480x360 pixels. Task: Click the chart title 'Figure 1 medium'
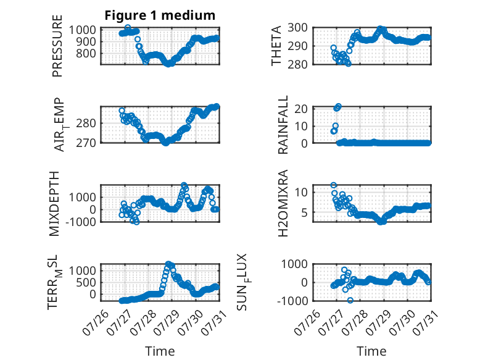pyautogui.click(x=160, y=15)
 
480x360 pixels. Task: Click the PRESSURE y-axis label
pyautogui.click(x=57, y=46)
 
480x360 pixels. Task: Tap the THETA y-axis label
pyautogui.click(x=276, y=46)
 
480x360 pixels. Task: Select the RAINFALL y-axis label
pyautogui.click(x=283, y=124)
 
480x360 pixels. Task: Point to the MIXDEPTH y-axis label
pyautogui.click(x=54, y=204)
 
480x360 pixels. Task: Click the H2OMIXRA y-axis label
pyautogui.click(x=283, y=203)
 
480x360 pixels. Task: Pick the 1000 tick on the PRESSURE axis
pyautogui.click(x=82, y=30)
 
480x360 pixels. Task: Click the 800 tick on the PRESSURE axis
pyautogui.click(x=86, y=53)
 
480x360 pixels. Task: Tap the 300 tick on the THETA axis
pyautogui.click(x=297, y=28)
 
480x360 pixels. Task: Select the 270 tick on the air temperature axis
pyautogui.click(x=86, y=143)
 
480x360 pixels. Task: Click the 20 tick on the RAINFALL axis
pyautogui.click(x=301, y=109)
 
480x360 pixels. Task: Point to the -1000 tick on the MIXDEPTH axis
pyautogui.click(x=80, y=222)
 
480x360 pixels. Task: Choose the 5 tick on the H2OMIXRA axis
pyautogui.click(x=304, y=212)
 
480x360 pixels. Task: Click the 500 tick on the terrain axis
pyautogui.click(x=86, y=282)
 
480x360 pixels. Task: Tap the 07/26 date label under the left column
pyautogui.click(x=96, y=322)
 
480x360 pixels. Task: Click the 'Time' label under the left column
pyautogui.click(x=160, y=351)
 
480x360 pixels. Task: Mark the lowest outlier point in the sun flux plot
pyautogui.click(x=350, y=300)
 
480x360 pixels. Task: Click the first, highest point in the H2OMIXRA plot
pyautogui.click(x=333, y=185)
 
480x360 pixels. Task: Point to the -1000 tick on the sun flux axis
pyautogui.click(x=292, y=301)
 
